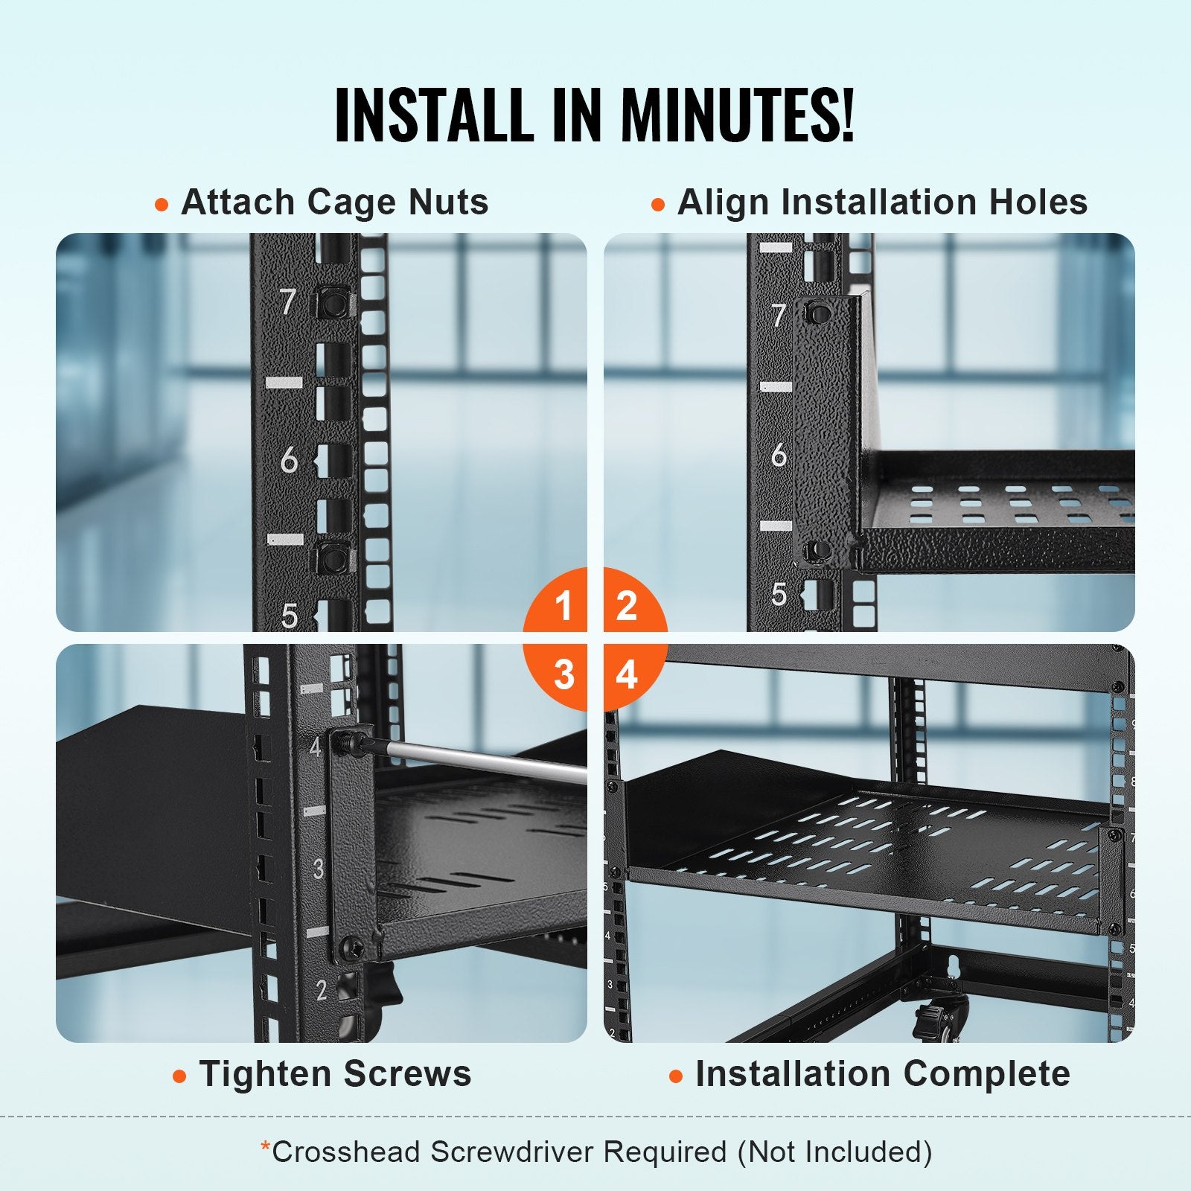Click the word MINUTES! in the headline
[x=737, y=115]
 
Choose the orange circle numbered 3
[x=563, y=674]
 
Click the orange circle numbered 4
[x=627, y=674]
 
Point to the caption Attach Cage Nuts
[x=334, y=202]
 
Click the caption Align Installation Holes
[x=882, y=202]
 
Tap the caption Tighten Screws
[x=335, y=1074]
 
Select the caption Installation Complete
[x=882, y=1074]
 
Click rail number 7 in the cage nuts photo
[x=288, y=302]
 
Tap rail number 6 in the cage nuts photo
[x=288, y=462]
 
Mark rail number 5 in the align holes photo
[x=779, y=593]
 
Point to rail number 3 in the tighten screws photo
[x=319, y=869]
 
